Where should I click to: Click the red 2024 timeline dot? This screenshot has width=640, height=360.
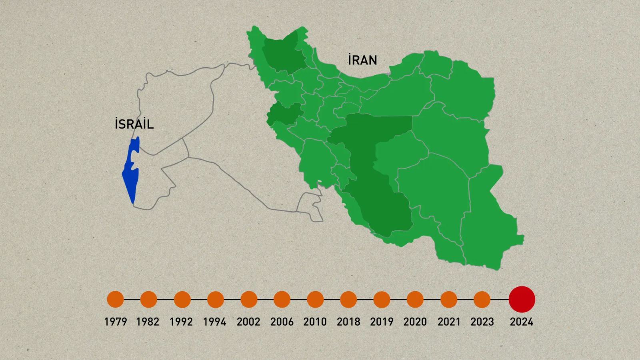[522, 299]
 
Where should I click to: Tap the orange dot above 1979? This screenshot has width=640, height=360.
[116, 299]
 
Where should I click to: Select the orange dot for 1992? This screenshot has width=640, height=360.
[182, 299]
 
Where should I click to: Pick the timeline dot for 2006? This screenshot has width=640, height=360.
[282, 299]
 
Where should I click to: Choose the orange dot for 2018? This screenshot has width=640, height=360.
[348, 299]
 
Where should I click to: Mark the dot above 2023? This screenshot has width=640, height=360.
[482, 299]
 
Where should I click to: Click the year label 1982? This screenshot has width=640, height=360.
[148, 322]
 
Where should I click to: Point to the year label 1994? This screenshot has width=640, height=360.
[215, 322]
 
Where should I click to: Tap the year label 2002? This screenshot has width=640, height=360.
[248, 322]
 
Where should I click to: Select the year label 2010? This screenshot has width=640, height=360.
[315, 322]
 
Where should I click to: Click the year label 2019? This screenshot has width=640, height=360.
[382, 322]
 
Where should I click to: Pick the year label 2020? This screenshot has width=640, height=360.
[415, 322]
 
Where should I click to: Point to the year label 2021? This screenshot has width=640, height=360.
[449, 322]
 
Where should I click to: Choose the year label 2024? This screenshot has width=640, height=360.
[522, 322]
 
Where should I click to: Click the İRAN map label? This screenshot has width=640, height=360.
[362, 60]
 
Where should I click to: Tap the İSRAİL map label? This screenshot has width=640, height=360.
[134, 124]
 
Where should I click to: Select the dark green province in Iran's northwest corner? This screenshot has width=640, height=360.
[284, 56]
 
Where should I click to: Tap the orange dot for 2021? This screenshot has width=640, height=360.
[449, 299]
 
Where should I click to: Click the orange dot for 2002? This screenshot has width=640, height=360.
[249, 299]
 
